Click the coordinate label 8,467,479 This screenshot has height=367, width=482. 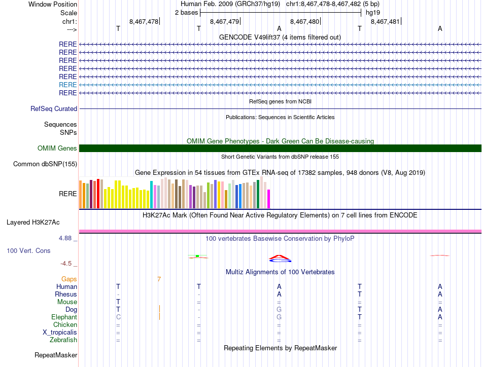(x=224, y=21)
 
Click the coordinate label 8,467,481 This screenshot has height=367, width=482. (x=385, y=21)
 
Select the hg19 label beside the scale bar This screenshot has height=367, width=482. (x=373, y=13)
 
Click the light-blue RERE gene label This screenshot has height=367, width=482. (x=68, y=85)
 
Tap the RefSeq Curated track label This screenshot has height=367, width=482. (x=54, y=108)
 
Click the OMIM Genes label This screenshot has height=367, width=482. (x=57, y=149)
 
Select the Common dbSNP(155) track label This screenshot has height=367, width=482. (x=45, y=164)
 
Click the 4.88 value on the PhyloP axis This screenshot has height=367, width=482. (x=67, y=238)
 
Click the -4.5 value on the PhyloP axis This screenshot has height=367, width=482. (x=68, y=264)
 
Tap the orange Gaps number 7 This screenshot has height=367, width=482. (x=159, y=279)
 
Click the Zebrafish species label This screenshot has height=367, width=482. (x=63, y=340)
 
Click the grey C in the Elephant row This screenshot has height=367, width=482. (x=118, y=317)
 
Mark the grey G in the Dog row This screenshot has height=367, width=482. (x=279, y=309)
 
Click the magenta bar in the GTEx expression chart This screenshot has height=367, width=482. (x=269, y=198)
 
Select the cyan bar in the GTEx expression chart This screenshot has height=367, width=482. (x=151, y=194)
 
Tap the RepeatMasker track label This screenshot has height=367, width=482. (x=56, y=355)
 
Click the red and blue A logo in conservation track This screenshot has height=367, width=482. (x=279, y=259)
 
